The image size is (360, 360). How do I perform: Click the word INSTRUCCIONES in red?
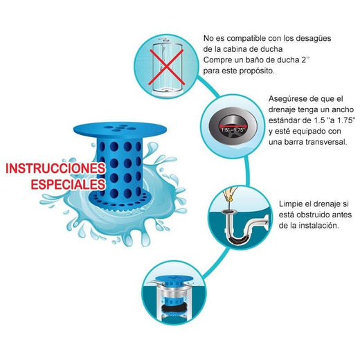coord(55,169)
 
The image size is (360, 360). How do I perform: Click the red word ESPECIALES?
coord(67,185)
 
